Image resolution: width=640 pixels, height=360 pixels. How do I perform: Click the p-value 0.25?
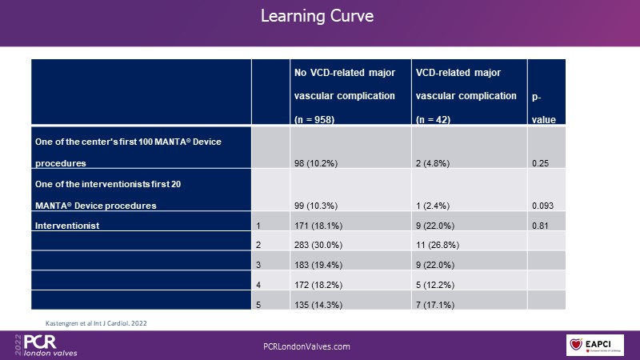click(541, 163)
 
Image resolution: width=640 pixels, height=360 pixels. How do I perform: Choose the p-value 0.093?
click(543, 206)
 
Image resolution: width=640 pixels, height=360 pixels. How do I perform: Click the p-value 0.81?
click(541, 226)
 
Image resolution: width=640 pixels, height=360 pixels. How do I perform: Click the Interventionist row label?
click(66, 226)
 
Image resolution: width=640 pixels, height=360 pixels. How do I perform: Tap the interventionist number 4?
click(258, 284)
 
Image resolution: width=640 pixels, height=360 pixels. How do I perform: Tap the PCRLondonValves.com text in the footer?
click(306, 346)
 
